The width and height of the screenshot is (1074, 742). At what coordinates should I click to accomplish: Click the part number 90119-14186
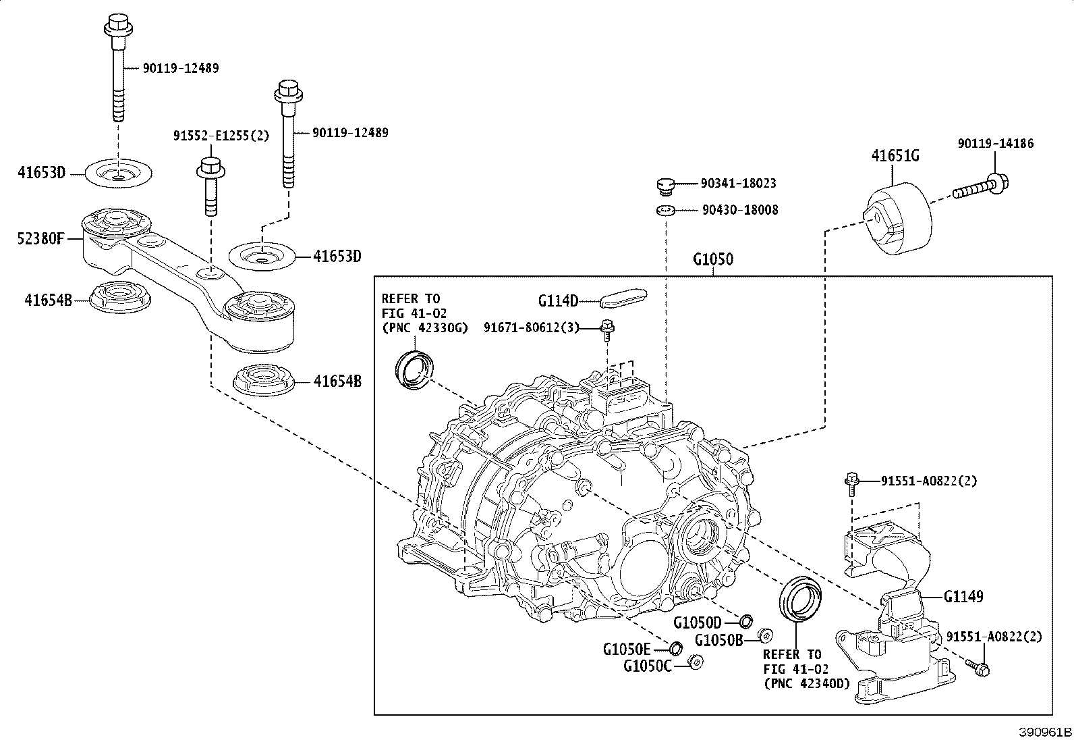tap(995, 143)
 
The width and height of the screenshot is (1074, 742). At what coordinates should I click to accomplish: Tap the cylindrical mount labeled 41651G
tap(897, 219)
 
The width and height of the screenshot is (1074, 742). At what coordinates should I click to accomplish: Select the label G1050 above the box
tap(712, 259)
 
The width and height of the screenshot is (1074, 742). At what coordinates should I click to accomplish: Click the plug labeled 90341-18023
tap(666, 185)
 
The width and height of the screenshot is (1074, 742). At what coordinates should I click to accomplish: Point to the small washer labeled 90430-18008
tap(666, 211)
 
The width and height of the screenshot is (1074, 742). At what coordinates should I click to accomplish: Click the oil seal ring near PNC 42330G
tap(414, 369)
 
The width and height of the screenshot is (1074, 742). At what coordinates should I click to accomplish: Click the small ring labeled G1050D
tap(747, 620)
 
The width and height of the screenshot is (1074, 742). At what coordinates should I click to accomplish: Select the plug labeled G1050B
tap(764, 635)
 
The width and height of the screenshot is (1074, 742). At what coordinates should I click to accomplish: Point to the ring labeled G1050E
tap(675, 648)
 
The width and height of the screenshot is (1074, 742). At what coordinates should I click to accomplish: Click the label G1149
tap(963, 596)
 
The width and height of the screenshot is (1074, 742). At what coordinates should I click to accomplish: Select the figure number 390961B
tap(1044, 732)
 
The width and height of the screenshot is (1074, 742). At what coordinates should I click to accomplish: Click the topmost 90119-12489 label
tap(180, 68)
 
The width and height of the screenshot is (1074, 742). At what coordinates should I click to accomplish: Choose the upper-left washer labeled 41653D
tap(119, 174)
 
